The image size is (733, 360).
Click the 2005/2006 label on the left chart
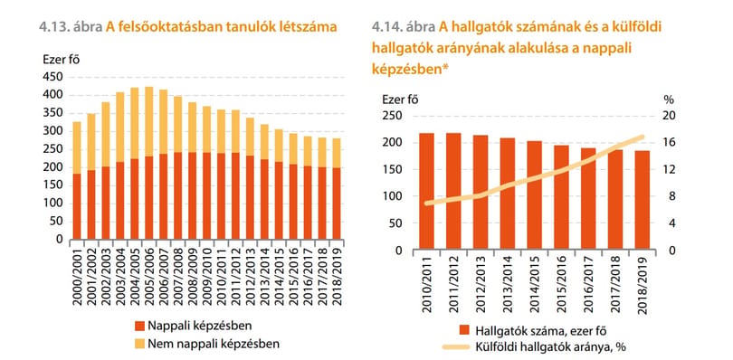coord(149,277)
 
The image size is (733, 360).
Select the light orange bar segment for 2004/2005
coord(135,123)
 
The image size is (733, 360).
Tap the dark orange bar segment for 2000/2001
coord(77,206)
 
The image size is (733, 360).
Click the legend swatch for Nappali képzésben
coord(138,326)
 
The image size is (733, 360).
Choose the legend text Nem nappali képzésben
coord(214,344)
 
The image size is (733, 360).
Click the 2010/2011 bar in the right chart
coord(426,191)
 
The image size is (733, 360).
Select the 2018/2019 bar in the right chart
coord(643,200)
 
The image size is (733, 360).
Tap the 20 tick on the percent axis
coord(670,116)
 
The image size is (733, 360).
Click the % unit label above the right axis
coord(670,99)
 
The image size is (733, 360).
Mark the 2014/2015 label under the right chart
coord(534,285)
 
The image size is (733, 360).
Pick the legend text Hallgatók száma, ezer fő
coord(541,330)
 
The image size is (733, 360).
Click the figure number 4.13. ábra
coord(71,27)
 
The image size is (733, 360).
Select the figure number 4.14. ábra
coord(404,27)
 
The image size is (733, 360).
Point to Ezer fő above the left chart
coord(62,60)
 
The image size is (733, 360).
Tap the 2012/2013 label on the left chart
coord(251,277)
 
